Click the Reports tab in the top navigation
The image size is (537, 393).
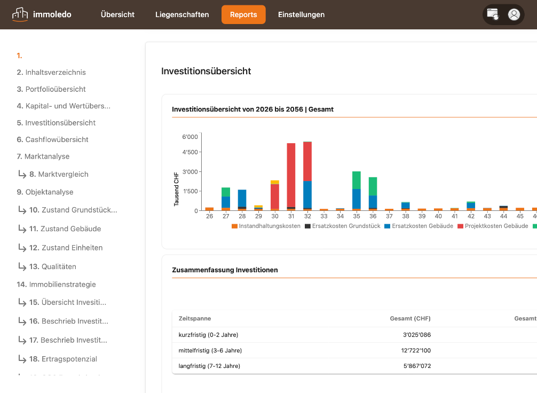click(243, 14)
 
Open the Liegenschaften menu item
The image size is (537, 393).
click(182, 14)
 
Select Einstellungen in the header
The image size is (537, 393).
click(301, 14)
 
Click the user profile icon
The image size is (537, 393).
click(514, 14)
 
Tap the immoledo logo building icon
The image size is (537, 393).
click(20, 14)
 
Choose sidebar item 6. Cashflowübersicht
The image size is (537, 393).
click(52, 139)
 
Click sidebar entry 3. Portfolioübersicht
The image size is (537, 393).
click(51, 89)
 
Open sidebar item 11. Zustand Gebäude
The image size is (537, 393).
click(65, 229)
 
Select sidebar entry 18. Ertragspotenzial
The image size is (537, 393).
click(63, 359)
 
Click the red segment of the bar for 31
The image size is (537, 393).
click(291, 175)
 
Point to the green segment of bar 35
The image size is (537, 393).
click(357, 180)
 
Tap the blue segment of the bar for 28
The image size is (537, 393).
click(242, 198)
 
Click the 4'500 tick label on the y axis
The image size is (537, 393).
click(190, 152)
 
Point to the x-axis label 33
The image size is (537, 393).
click(324, 216)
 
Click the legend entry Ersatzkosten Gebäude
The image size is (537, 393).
click(419, 226)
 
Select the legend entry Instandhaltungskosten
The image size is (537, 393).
click(266, 226)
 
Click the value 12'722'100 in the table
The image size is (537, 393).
click(416, 350)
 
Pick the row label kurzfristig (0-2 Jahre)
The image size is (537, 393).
click(208, 335)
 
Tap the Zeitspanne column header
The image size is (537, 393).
click(195, 318)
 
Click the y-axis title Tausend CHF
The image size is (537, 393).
click(176, 189)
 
